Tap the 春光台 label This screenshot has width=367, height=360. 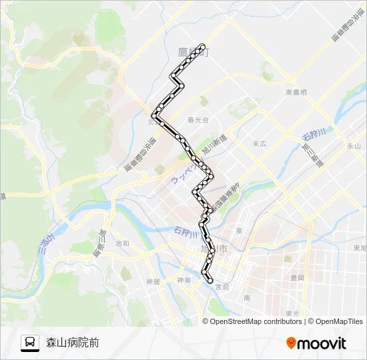[x=198, y=121]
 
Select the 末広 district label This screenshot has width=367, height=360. [x=260, y=143]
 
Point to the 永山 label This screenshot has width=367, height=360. [x=354, y=145]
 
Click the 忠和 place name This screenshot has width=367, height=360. [x=122, y=243]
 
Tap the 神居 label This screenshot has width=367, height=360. [x=153, y=281]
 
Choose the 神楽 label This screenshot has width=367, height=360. [x=184, y=281]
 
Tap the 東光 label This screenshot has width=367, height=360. [x=292, y=313]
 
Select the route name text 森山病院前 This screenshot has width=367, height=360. [x=73, y=343]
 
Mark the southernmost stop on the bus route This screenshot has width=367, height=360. [x=211, y=281]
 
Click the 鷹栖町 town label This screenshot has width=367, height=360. [x=193, y=51]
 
